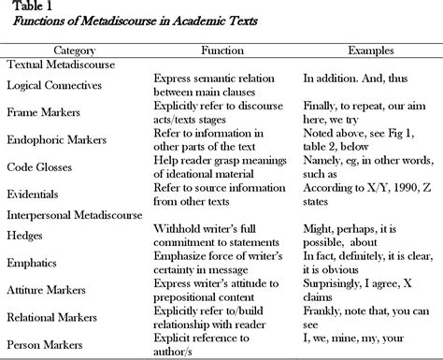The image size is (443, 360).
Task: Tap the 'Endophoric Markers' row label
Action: [x=58, y=140]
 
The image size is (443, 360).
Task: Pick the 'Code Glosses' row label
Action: [x=40, y=167]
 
